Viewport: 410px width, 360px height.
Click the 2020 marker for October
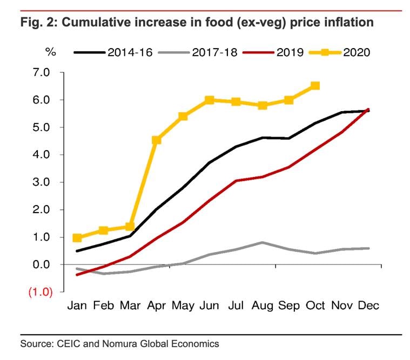tap(315, 86)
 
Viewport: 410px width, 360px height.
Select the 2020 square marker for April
tap(157, 140)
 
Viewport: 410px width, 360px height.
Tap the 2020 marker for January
tap(77, 238)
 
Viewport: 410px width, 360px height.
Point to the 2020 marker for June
tap(210, 100)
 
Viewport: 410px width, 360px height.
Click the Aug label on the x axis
tap(263, 305)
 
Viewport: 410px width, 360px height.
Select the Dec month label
tap(368, 305)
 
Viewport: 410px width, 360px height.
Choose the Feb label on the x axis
tap(104, 305)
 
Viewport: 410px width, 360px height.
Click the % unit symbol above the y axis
tap(50, 52)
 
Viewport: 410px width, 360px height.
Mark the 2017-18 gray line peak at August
tap(262, 242)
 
